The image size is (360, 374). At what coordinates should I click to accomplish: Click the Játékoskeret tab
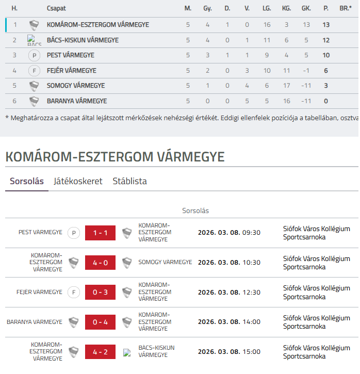click(78, 181)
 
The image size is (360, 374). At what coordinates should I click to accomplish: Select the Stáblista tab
click(129, 181)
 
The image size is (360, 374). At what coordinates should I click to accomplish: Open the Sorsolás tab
click(27, 181)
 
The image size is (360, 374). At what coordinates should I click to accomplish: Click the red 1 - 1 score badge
click(100, 233)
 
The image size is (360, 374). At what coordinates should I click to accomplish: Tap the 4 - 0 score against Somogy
click(100, 263)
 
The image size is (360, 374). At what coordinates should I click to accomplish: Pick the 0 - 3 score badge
click(100, 292)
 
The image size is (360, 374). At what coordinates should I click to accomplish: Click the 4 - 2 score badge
click(100, 352)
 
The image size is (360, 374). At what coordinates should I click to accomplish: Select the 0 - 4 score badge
click(100, 322)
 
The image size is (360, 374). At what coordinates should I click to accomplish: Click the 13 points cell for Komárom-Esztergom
click(326, 24)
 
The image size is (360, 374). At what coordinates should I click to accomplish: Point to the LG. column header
click(267, 9)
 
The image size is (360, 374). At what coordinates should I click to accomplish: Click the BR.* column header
click(346, 9)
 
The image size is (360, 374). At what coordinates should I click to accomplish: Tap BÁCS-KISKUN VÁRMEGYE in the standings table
click(83, 40)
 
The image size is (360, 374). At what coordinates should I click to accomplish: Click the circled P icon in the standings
click(34, 55)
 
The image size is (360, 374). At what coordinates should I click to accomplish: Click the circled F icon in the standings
click(34, 71)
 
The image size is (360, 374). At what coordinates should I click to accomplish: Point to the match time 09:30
click(252, 233)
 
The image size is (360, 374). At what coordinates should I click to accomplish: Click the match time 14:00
click(252, 322)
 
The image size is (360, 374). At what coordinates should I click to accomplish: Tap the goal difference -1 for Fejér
click(306, 71)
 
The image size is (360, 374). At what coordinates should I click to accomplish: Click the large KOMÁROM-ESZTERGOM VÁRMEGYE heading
click(115, 157)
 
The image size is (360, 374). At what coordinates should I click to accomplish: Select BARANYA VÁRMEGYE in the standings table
click(77, 101)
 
